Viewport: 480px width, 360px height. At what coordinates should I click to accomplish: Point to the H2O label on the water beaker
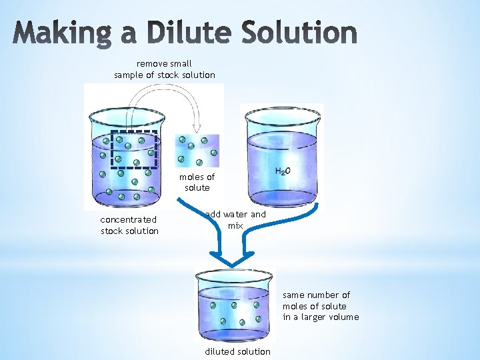point(283,171)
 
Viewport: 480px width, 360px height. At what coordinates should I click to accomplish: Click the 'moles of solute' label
point(197,182)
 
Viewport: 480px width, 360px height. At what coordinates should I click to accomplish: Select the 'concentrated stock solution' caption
point(129,225)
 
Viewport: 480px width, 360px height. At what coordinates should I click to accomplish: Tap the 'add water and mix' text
point(235,220)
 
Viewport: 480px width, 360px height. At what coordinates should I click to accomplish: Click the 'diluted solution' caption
point(238,351)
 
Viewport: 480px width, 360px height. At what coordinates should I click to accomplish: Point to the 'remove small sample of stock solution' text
point(165,69)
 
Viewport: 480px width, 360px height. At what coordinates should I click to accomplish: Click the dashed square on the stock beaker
point(134,147)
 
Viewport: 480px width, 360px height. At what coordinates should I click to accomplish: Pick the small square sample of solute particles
point(197,151)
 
